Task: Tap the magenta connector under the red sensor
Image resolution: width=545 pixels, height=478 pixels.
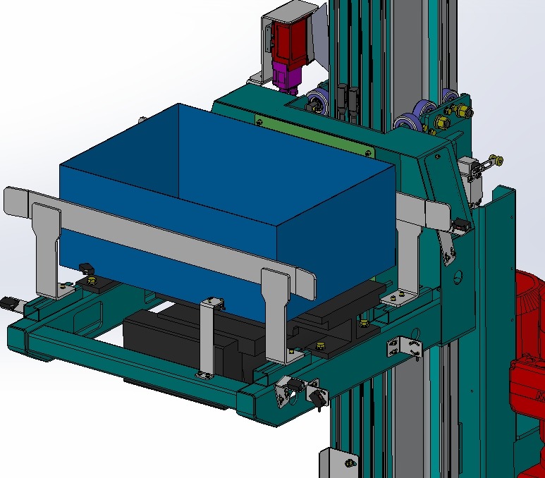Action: point(287,76)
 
